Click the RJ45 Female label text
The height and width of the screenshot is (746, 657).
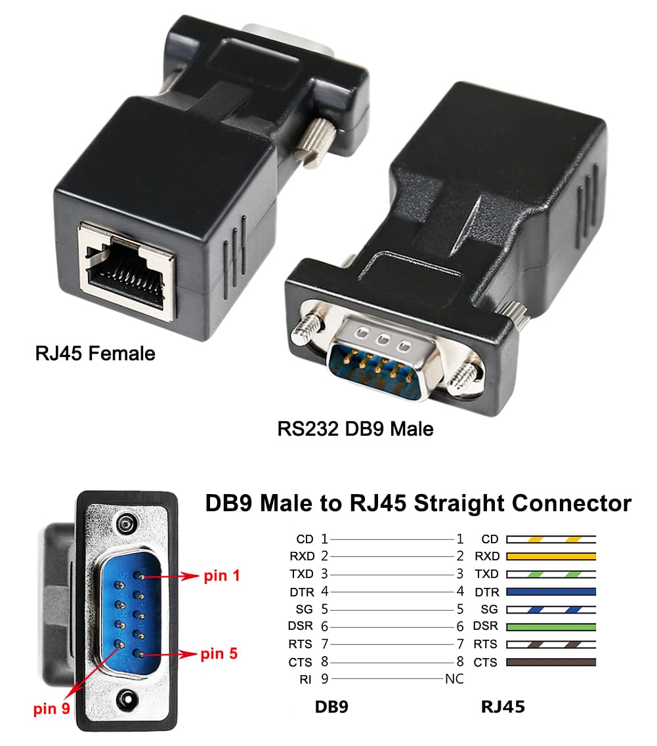click(x=95, y=354)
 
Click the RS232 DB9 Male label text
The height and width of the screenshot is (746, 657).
click(x=355, y=429)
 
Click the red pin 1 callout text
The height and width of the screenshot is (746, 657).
click(x=223, y=576)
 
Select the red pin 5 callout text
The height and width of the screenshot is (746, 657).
click(x=220, y=654)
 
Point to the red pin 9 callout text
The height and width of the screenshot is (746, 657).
click(x=52, y=709)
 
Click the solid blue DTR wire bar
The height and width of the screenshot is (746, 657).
click(x=551, y=591)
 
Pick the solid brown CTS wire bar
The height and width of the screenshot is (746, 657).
click(x=551, y=662)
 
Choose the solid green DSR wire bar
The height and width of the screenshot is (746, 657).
click(x=551, y=627)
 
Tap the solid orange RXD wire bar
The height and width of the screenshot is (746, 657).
click(x=551, y=556)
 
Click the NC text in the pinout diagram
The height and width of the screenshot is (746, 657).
click(x=454, y=679)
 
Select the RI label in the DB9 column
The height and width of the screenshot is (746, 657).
click(x=305, y=680)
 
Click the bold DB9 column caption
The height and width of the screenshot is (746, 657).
click(x=331, y=707)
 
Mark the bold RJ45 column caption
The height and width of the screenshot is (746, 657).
click(x=503, y=707)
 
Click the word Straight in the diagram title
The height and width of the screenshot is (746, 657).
click(x=443, y=504)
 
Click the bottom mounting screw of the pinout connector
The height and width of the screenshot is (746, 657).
click(x=124, y=700)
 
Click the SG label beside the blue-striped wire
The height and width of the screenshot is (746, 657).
click(x=489, y=610)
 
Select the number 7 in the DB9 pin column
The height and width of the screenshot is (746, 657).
click(x=325, y=644)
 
